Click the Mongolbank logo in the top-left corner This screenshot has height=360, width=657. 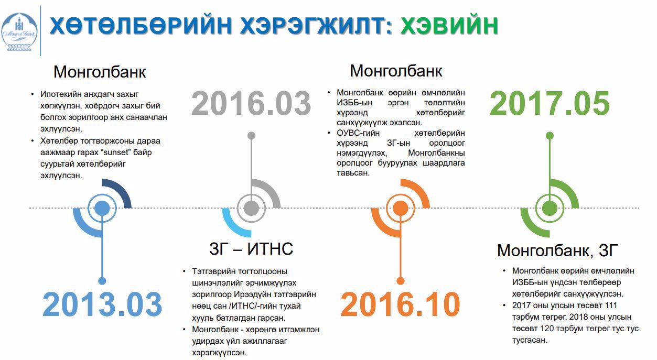19,31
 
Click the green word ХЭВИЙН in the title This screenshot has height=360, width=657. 449,26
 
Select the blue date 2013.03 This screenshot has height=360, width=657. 102,304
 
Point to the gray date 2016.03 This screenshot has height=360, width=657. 251,103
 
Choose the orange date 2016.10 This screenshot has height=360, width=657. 401,304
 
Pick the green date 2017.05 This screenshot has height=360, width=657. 550,103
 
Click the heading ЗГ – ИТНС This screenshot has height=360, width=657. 251,248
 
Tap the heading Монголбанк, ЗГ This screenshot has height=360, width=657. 557,250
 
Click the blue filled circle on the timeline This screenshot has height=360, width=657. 102,208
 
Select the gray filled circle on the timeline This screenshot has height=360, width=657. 251,208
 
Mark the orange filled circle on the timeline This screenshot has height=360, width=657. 401,208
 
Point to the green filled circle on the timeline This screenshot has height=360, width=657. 550,208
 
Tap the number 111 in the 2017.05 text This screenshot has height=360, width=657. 611,305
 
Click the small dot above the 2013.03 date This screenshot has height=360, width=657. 102,281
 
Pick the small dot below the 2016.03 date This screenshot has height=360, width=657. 251,136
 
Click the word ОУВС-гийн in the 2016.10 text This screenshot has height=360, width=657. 358,133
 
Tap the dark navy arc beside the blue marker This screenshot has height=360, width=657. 121,191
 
